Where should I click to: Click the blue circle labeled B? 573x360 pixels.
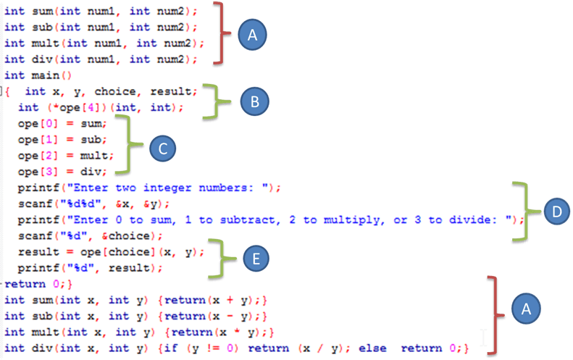tap(254, 101)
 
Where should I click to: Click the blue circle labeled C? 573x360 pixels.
tap(162, 148)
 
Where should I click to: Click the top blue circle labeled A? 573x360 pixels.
tap(252, 34)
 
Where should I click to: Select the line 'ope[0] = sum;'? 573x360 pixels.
tap(62, 123)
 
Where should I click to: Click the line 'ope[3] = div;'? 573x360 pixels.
tap(62, 172)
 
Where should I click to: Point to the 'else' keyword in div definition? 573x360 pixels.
tap(386, 348)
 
